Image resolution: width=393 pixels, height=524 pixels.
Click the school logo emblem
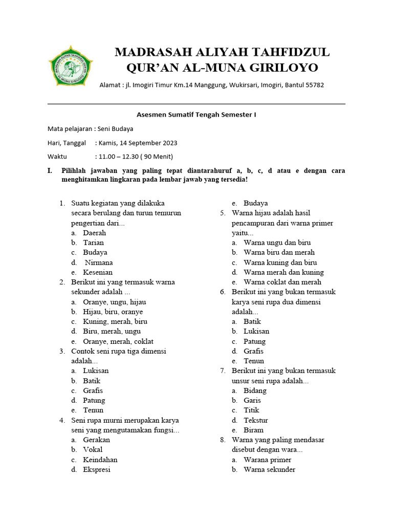click(x=71, y=67)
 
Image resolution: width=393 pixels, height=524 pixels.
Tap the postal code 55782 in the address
click(x=314, y=85)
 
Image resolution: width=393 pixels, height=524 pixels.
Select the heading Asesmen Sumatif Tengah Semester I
click(x=196, y=115)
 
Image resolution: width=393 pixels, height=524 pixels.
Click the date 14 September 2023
click(x=144, y=143)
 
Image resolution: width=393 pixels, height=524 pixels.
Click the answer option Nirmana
click(x=99, y=263)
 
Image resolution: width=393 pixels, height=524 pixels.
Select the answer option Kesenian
click(x=98, y=272)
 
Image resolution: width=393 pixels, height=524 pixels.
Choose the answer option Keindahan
click(x=100, y=460)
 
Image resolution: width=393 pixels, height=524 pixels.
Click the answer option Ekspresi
click(x=97, y=469)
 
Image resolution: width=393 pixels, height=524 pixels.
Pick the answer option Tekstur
click(x=256, y=420)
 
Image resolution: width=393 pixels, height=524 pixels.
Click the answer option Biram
click(x=254, y=430)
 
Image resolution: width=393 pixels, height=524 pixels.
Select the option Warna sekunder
click(x=270, y=469)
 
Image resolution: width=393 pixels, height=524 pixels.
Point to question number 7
click(x=223, y=370)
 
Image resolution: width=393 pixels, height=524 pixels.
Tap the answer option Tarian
click(x=94, y=243)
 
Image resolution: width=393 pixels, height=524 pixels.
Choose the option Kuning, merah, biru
click(x=115, y=321)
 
